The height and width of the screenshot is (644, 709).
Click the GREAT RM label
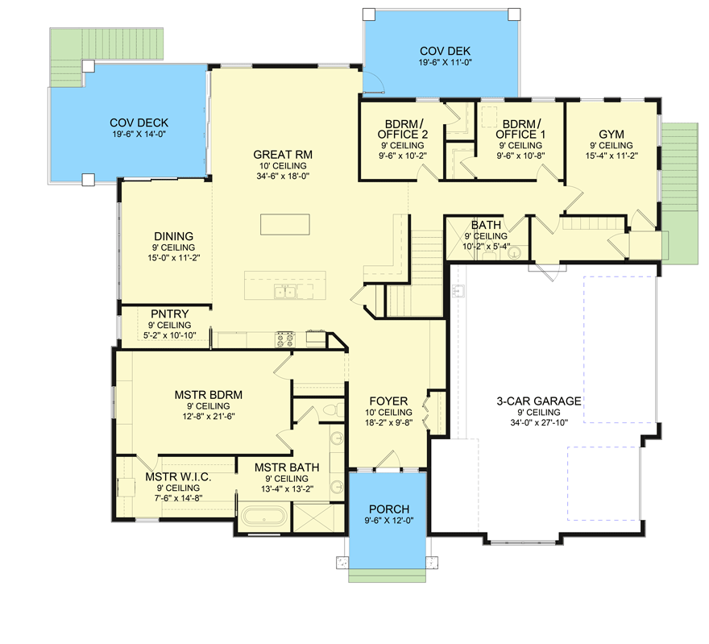[x=283, y=155]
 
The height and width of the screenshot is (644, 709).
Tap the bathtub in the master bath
[x=264, y=516]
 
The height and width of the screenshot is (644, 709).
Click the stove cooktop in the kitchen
[x=285, y=339]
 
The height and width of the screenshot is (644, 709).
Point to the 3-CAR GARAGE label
[x=539, y=401]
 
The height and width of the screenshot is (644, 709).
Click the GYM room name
[x=612, y=135]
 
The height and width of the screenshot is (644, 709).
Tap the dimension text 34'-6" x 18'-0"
[x=283, y=176]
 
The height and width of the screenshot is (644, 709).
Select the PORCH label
[x=389, y=509]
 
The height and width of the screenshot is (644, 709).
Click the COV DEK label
[x=445, y=51]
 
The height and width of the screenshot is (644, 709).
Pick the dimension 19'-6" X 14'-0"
[x=139, y=134]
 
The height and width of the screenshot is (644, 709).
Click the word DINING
[x=174, y=236]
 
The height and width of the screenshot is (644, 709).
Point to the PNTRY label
[x=169, y=314]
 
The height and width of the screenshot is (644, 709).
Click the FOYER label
[x=388, y=401]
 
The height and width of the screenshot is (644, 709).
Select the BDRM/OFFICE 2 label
[x=402, y=129]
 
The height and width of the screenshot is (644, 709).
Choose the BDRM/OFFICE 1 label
[x=520, y=129]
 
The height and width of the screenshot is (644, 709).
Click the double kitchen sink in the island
[x=285, y=292]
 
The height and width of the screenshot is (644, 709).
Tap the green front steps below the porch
[x=387, y=575]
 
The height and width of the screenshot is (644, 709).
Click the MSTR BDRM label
[x=209, y=395]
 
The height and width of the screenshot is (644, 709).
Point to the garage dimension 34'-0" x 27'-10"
[x=539, y=422]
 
